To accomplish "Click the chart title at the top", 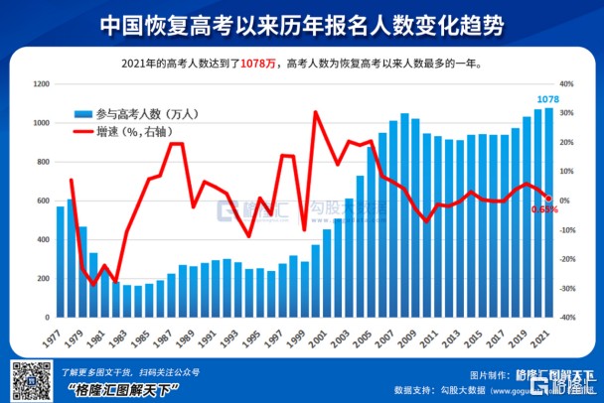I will (x=302, y=25).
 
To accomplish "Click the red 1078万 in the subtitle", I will (x=258, y=64).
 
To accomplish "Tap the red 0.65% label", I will (x=544, y=209).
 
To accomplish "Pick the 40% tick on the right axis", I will (x=566, y=85).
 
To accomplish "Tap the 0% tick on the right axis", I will (x=565, y=201).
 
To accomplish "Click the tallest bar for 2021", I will (x=549, y=213).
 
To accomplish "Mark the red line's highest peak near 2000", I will (x=315, y=112).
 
